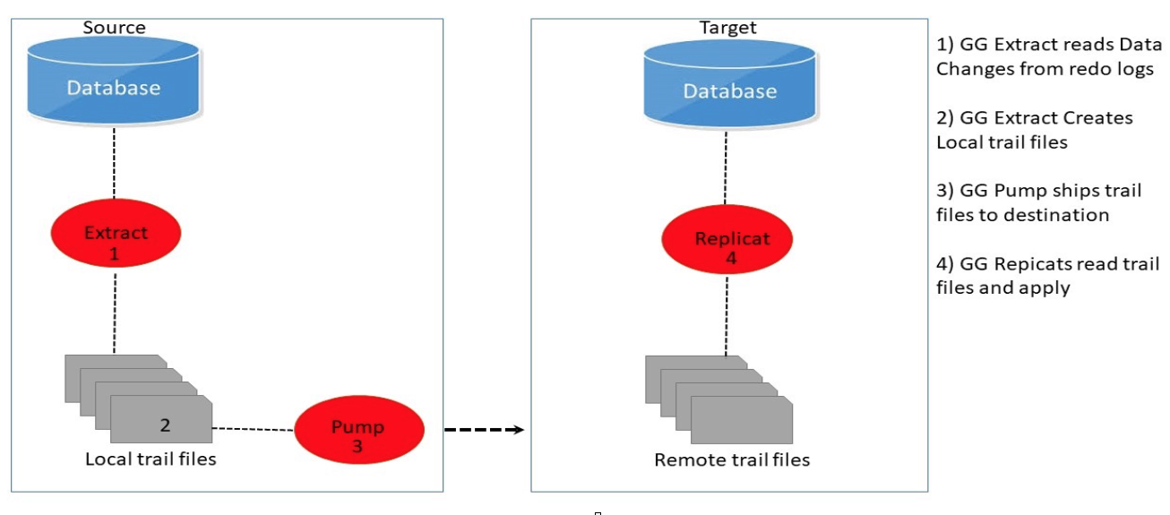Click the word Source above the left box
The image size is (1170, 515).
point(114,28)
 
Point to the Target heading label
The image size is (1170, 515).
point(727,28)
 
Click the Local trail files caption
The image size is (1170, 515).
point(151,459)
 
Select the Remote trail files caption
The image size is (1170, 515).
point(732,460)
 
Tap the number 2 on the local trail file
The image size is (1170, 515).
point(165,425)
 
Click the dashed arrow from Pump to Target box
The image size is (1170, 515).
point(484,430)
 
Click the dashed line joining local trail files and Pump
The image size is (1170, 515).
point(254,428)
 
